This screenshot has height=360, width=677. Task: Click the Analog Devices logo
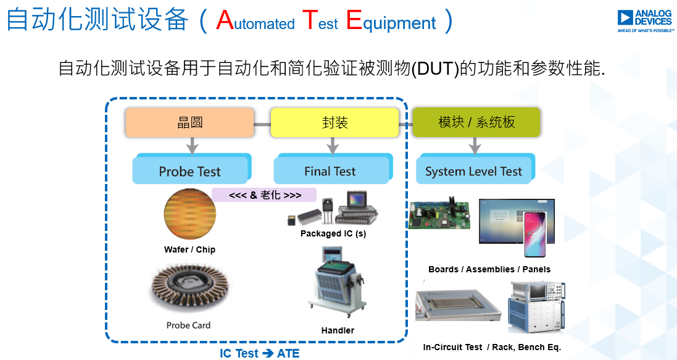pyautogui.click(x=646, y=21)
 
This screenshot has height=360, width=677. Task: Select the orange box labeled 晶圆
pyautogui.click(x=189, y=122)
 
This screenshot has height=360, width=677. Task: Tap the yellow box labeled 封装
pyautogui.click(x=334, y=122)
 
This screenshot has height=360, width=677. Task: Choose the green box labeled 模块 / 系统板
pyautogui.click(x=476, y=122)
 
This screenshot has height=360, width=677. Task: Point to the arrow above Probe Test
pyautogui.click(x=192, y=146)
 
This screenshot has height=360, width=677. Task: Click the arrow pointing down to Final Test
pyautogui.click(x=333, y=146)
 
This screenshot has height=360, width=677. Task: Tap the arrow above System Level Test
pyautogui.click(x=475, y=146)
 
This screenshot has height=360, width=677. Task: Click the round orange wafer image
pyautogui.click(x=190, y=214)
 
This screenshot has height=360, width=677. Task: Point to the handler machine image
pyautogui.click(x=337, y=282)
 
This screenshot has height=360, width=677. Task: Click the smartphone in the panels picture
pyautogui.click(x=535, y=235)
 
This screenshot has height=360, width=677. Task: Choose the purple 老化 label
pyautogui.click(x=264, y=195)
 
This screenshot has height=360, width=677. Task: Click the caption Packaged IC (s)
pyautogui.click(x=333, y=234)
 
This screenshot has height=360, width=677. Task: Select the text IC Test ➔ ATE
pyautogui.click(x=259, y=354)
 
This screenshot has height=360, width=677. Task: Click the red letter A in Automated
pyautogui.click(x=225, y=20)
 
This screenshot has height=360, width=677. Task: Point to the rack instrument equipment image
pyautogui.click(x=537, y=306)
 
